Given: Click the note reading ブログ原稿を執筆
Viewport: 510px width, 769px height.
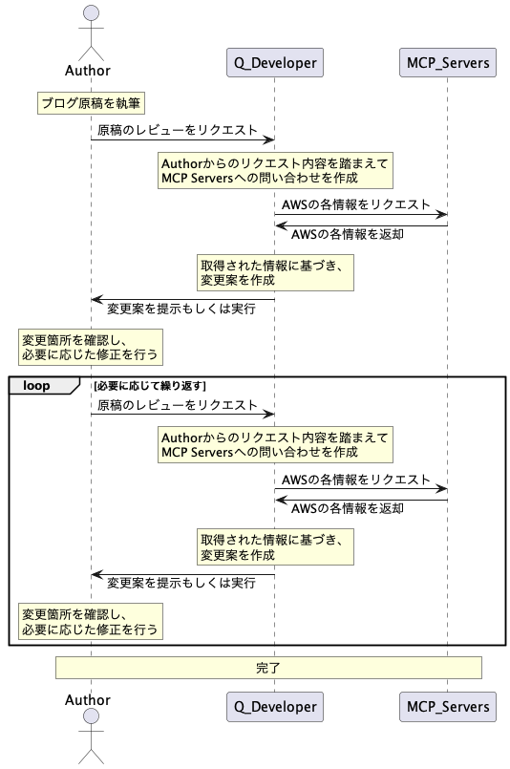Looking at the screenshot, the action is tap(91, 103).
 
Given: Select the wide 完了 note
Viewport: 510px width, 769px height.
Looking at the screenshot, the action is tap(268, 668).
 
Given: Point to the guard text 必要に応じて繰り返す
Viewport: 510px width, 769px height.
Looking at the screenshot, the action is tap(150, 386).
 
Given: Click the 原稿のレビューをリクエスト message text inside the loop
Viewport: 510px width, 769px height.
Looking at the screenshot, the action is tap(177, 405).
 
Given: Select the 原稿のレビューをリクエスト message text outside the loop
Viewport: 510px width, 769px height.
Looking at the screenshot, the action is tap(177, 130).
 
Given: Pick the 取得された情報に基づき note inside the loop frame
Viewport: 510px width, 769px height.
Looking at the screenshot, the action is tap(275, 546).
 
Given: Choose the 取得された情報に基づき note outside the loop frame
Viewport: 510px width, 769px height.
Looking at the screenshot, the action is tap(275, 272).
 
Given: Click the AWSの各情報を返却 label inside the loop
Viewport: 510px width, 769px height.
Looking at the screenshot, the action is tap(348, 508).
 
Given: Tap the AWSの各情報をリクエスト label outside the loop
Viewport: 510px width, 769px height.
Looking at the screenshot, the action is tap(355, 204).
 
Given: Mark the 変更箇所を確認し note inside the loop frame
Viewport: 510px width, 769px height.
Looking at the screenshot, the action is tap(91, 621).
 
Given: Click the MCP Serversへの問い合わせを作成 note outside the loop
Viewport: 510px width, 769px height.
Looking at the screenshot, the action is tap(275, 170).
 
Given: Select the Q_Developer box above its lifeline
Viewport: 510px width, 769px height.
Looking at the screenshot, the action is tap(275, 62).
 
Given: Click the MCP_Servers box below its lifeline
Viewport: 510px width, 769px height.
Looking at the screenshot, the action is tap(448, 707).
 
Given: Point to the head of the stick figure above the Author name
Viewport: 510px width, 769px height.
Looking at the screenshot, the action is tap(92, 13).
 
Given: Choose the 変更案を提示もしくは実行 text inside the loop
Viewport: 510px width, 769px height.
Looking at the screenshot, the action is tap(181, 583).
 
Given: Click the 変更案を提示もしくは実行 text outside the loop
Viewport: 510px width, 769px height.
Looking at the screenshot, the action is tap(181, 309).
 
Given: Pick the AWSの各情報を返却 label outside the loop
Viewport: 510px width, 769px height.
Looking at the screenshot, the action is tap(348, 234).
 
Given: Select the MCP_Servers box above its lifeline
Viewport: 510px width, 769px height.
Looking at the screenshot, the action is tap(448, 62).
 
